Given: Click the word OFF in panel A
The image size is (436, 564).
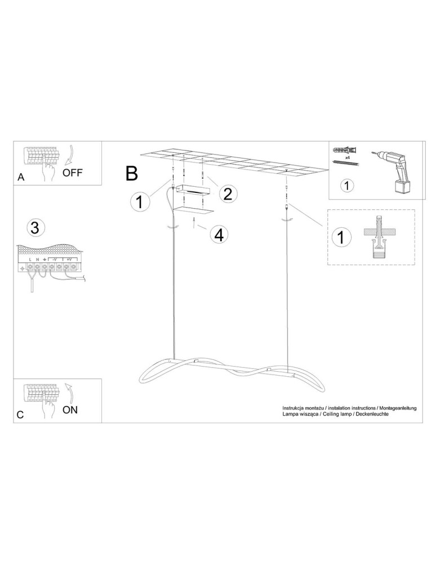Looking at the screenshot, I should point(72,173).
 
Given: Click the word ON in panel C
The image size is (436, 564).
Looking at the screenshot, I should point(70,409).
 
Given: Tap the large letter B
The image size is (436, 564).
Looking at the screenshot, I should point(131,173).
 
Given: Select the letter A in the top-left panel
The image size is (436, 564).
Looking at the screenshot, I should point(21,177).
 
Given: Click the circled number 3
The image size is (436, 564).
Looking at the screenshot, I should point(34,228).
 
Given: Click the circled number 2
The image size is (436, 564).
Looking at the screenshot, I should point(227,194).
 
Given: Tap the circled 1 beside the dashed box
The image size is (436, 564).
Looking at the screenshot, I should point(340,237).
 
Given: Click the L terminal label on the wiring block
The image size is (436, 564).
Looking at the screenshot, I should point(30,259).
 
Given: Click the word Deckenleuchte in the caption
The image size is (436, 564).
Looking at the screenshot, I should point(371,413).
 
